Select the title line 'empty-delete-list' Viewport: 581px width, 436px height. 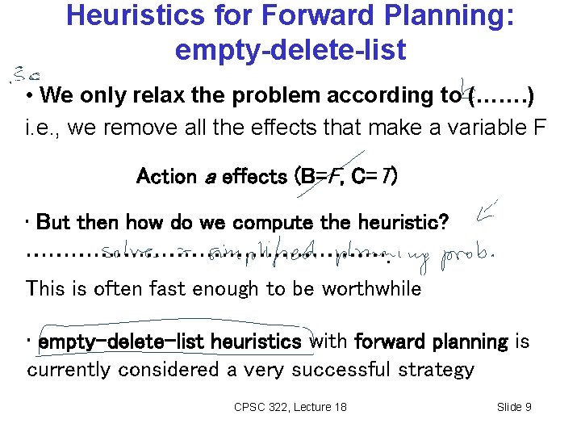290,50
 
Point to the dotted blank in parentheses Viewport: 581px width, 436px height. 500,96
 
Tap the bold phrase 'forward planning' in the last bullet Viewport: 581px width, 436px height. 431,342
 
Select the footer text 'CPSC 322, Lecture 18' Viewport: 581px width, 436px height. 290,407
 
